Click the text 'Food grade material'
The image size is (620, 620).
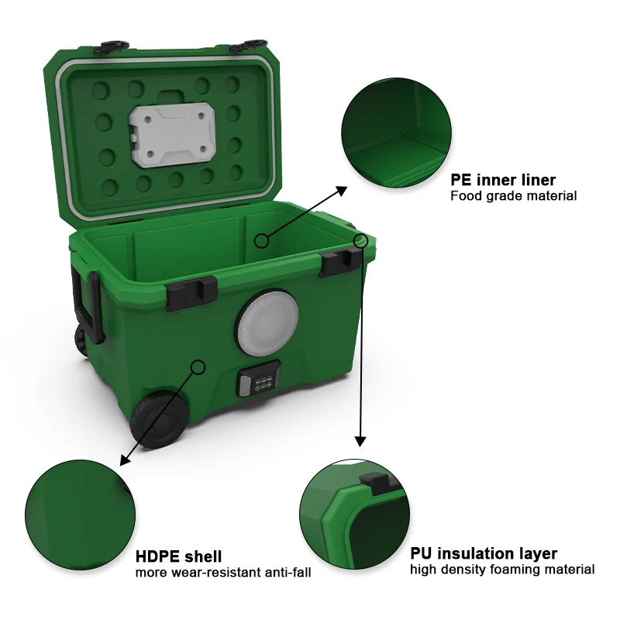[513, 196]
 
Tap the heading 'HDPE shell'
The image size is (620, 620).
[178, 556]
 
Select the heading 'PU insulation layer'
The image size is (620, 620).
[483, 553]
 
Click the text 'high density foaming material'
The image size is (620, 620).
[502, 570]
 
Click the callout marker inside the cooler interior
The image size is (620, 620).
[262, 240]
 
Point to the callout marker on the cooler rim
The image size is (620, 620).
[360, 240]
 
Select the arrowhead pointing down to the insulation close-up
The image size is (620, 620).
[360, 440]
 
